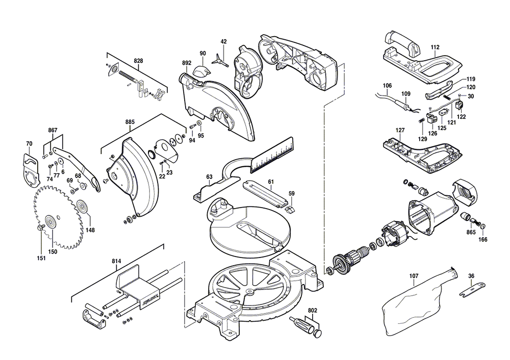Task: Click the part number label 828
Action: point(138,61)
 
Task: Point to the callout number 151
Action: point(41,259)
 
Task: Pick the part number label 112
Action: point(435,47)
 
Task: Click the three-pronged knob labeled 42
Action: point(223,56)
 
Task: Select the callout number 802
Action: point(313,310)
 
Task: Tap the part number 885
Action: point(130,122)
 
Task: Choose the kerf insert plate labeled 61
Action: point(265,192)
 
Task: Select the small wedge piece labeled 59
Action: point(290,209)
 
